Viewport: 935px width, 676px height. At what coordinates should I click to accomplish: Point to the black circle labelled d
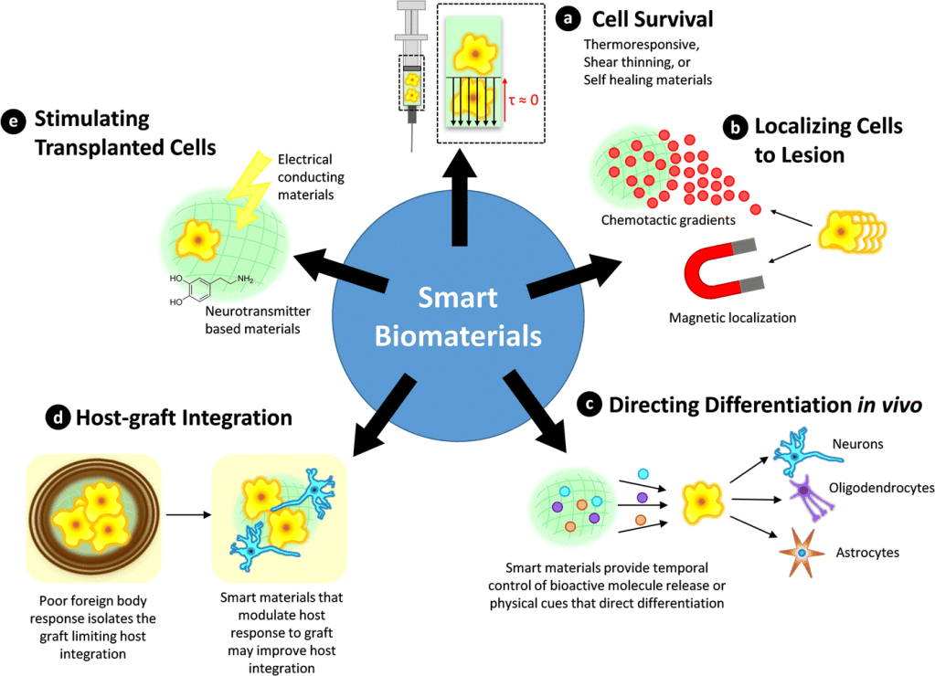tap(56, 419)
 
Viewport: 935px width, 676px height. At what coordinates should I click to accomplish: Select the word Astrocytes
tap(867, 552)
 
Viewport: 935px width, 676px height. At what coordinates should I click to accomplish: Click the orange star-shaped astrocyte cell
tap(801, 554)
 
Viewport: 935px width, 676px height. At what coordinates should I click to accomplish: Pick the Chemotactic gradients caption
tap(655, 220)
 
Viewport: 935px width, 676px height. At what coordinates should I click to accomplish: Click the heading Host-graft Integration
tap(184, 418)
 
